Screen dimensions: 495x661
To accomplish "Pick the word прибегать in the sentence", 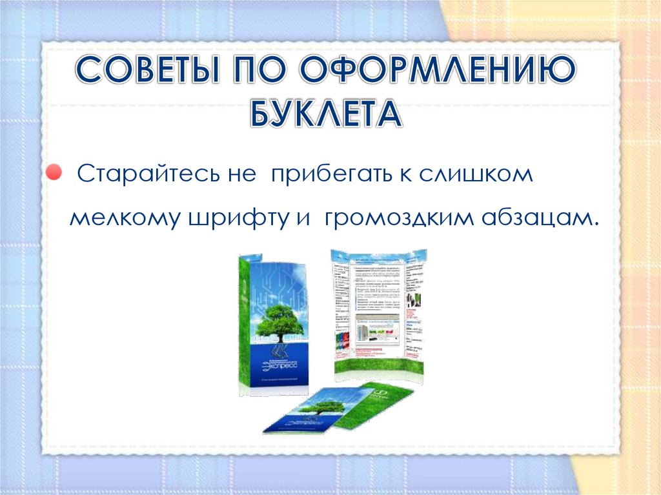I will [326, 176].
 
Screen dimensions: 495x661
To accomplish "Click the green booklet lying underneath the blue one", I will [381, 403].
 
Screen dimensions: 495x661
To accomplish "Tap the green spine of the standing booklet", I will [245, 323].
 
